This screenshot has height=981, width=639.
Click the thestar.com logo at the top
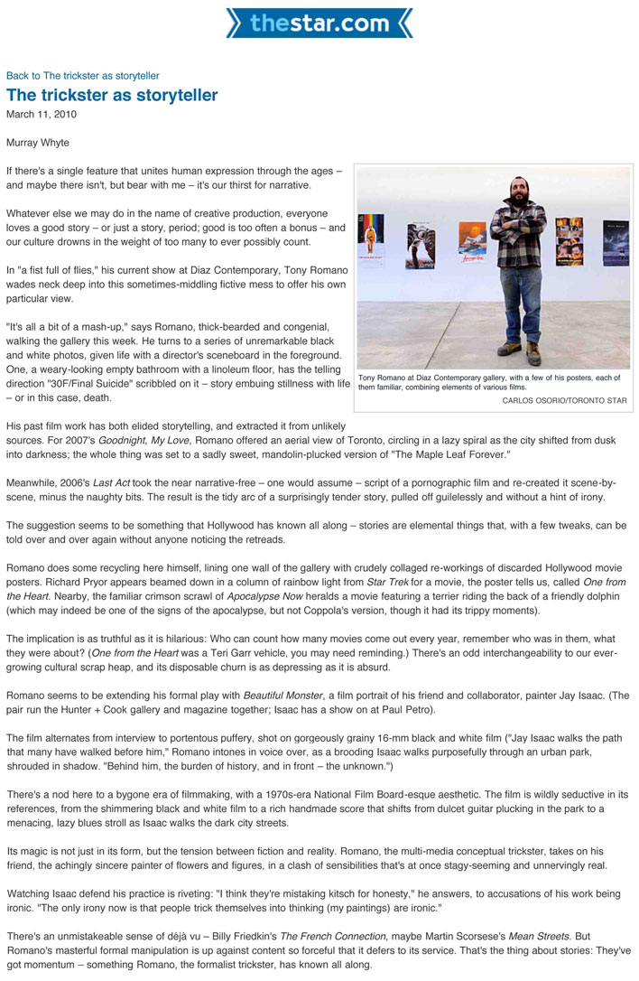pos(319,23)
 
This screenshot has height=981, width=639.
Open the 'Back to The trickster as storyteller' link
pos(82,76)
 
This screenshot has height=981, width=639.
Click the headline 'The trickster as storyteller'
pos(112,95)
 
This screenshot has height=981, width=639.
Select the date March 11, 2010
pos(42,115)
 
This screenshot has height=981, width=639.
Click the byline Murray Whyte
pos(37,143)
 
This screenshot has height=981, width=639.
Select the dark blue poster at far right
pos(616,241)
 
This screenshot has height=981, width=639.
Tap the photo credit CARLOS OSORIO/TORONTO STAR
pos(564,400)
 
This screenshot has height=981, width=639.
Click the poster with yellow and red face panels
pos(569,239)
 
